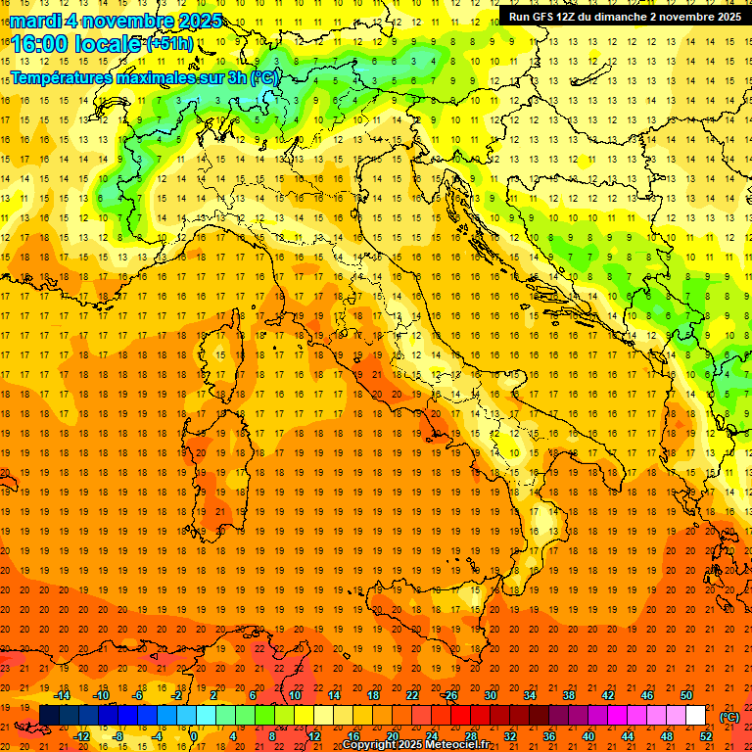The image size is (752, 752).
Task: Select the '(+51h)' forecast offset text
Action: tap(169, 44)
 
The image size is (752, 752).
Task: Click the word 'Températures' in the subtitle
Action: tap(60, 76)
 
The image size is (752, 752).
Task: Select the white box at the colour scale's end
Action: tap(695, 716)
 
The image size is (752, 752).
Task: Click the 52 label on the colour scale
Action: tap(706, 736)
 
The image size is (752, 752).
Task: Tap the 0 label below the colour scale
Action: tap(193, 736)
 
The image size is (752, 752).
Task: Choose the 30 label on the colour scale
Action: tap(491, 695)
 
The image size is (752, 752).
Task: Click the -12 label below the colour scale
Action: tap(81, 736)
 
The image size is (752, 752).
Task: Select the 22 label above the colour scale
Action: tap(412, 695)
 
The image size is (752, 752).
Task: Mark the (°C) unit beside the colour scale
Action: tap(729, 717)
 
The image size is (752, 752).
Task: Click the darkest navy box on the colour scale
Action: tap(49, 716)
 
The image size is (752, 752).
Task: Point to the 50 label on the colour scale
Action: tap(686, 695)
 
